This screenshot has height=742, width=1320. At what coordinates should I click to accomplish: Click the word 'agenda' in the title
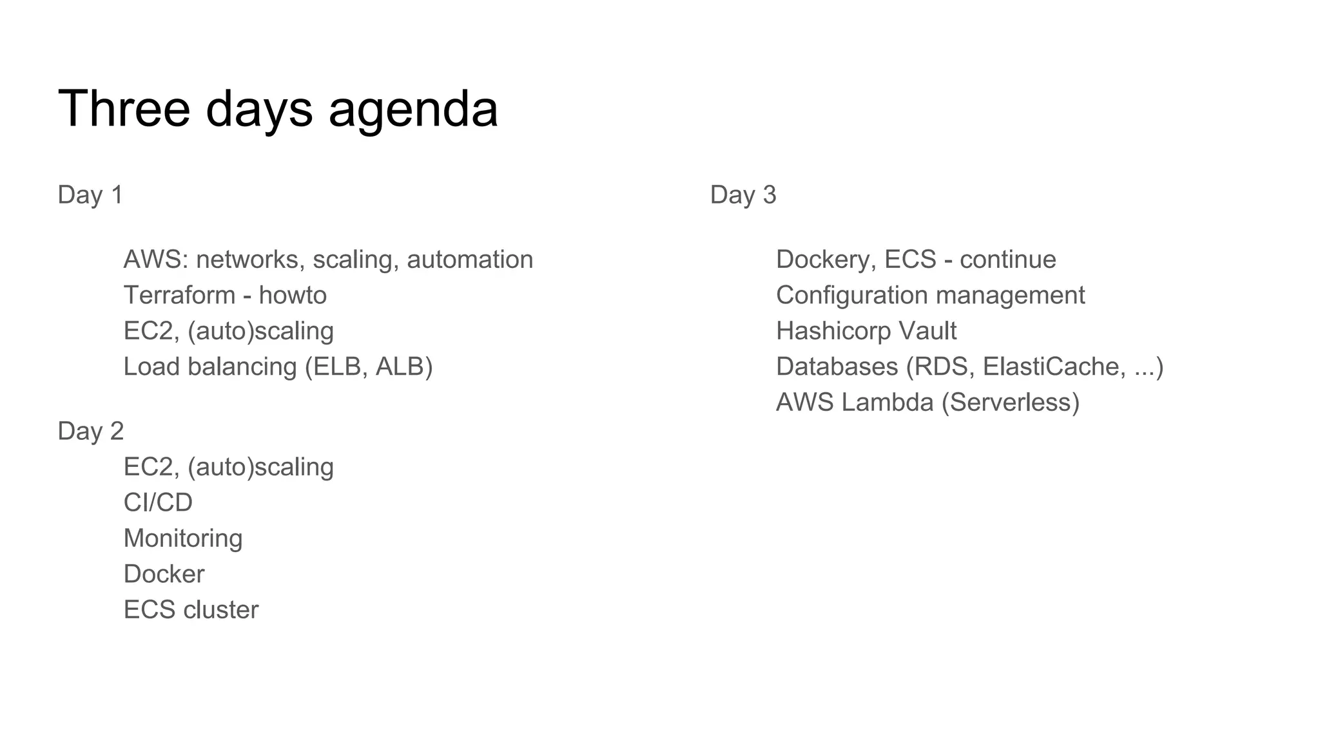pyautogui.click(x=413, y=109)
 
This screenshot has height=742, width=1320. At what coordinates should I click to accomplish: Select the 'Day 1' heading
pyautogui.click(x=90, y=195)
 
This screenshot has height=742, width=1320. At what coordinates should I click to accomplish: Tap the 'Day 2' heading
pyautogui.click(x=90, y=431)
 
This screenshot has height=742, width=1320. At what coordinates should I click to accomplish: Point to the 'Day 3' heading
pyautogui.click(x=743, y=195)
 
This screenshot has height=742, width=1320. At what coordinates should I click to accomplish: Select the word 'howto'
pyautogui.click(x=293, y=295)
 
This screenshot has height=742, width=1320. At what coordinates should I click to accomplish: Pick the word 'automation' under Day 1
pyautogui.click(x=470, y=260)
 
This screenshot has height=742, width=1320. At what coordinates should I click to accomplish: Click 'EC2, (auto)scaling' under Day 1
pyautogui.click(x=228, y=331)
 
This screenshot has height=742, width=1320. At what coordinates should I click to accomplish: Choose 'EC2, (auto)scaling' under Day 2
pyautogui.click(x=228, y=467)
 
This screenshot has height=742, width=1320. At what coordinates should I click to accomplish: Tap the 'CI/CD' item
pyautogui.click(x=158, y=502)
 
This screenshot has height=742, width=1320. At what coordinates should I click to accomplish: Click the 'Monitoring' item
pyautogui.click(x=183, y=538)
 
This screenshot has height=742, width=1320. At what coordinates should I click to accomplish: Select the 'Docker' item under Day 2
pyautogui.click(x=164, y=574)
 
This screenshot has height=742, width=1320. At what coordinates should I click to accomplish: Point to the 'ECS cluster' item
pyautogui.click(x=191, y=610)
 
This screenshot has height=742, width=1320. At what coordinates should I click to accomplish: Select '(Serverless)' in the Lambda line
pyautogui.click(x=1010, y=403)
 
